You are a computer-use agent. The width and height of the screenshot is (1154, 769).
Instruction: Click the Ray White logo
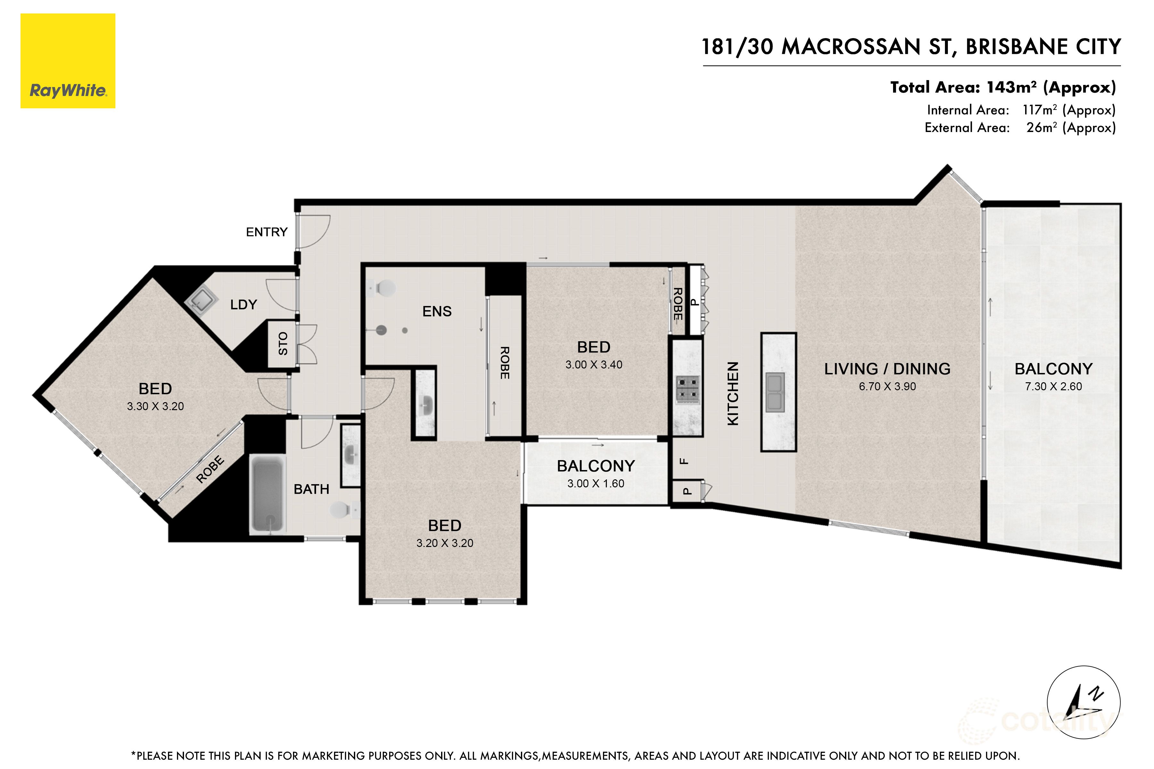click(68, 61)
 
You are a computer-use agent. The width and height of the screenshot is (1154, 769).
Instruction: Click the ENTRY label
click(266, 232)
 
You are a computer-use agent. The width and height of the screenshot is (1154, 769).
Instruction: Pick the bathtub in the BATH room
click(267, 493)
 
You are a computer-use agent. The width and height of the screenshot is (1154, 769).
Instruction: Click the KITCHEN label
click(732, 393)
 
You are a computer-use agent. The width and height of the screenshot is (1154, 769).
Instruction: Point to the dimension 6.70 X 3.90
click(887, 386)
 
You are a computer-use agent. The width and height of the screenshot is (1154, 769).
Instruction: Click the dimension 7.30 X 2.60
click(1053, 386)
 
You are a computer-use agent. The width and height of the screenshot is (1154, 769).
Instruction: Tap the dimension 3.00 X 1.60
click(596, 484)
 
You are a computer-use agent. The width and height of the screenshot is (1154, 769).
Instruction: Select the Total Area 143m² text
click(1003, 87)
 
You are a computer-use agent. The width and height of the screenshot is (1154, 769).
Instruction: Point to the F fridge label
click(684, 461)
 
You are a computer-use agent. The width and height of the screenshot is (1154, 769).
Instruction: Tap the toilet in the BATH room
click(343, 510)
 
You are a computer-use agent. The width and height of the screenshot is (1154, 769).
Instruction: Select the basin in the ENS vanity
click(425, 405)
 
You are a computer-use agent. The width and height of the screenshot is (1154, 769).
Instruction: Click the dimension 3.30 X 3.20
click(155, 406)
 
